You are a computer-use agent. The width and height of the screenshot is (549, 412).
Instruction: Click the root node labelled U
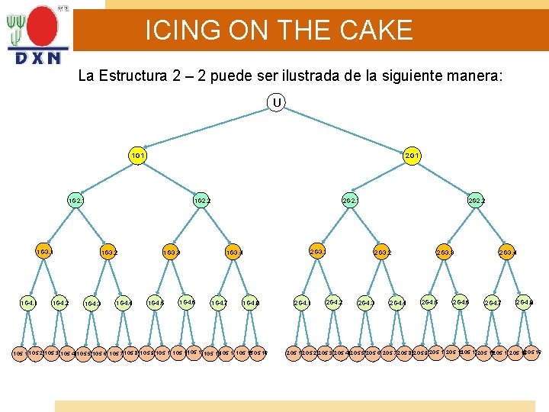pyautogui.click(x=275, y=101)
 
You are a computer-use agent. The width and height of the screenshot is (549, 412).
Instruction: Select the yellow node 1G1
pyautogui.click(x=138, y=156)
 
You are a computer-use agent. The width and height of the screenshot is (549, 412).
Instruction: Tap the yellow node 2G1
pyautogui.click(x=413, y=156)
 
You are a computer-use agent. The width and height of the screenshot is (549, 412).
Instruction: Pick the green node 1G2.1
pyautogui.click(x=75, y=201)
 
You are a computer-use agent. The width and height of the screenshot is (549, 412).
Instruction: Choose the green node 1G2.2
pyautogui.click(x=202, y=201)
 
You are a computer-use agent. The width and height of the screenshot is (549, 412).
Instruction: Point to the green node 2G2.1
pyautogui.click(x=350, y=201)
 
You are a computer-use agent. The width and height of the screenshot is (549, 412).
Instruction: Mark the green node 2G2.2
pyautogui.click(x=477, y=201)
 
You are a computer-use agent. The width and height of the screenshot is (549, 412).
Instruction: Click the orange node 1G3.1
pyautogui.click(x=44, y=250)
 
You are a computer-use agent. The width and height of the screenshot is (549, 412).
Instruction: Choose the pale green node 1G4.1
pyautogui.click(x=28, y=302)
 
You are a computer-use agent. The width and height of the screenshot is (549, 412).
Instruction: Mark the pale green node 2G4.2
pyautogui.click(x=334, y=302)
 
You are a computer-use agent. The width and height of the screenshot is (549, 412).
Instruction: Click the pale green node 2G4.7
pyautogui.click(x=493, y=304)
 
